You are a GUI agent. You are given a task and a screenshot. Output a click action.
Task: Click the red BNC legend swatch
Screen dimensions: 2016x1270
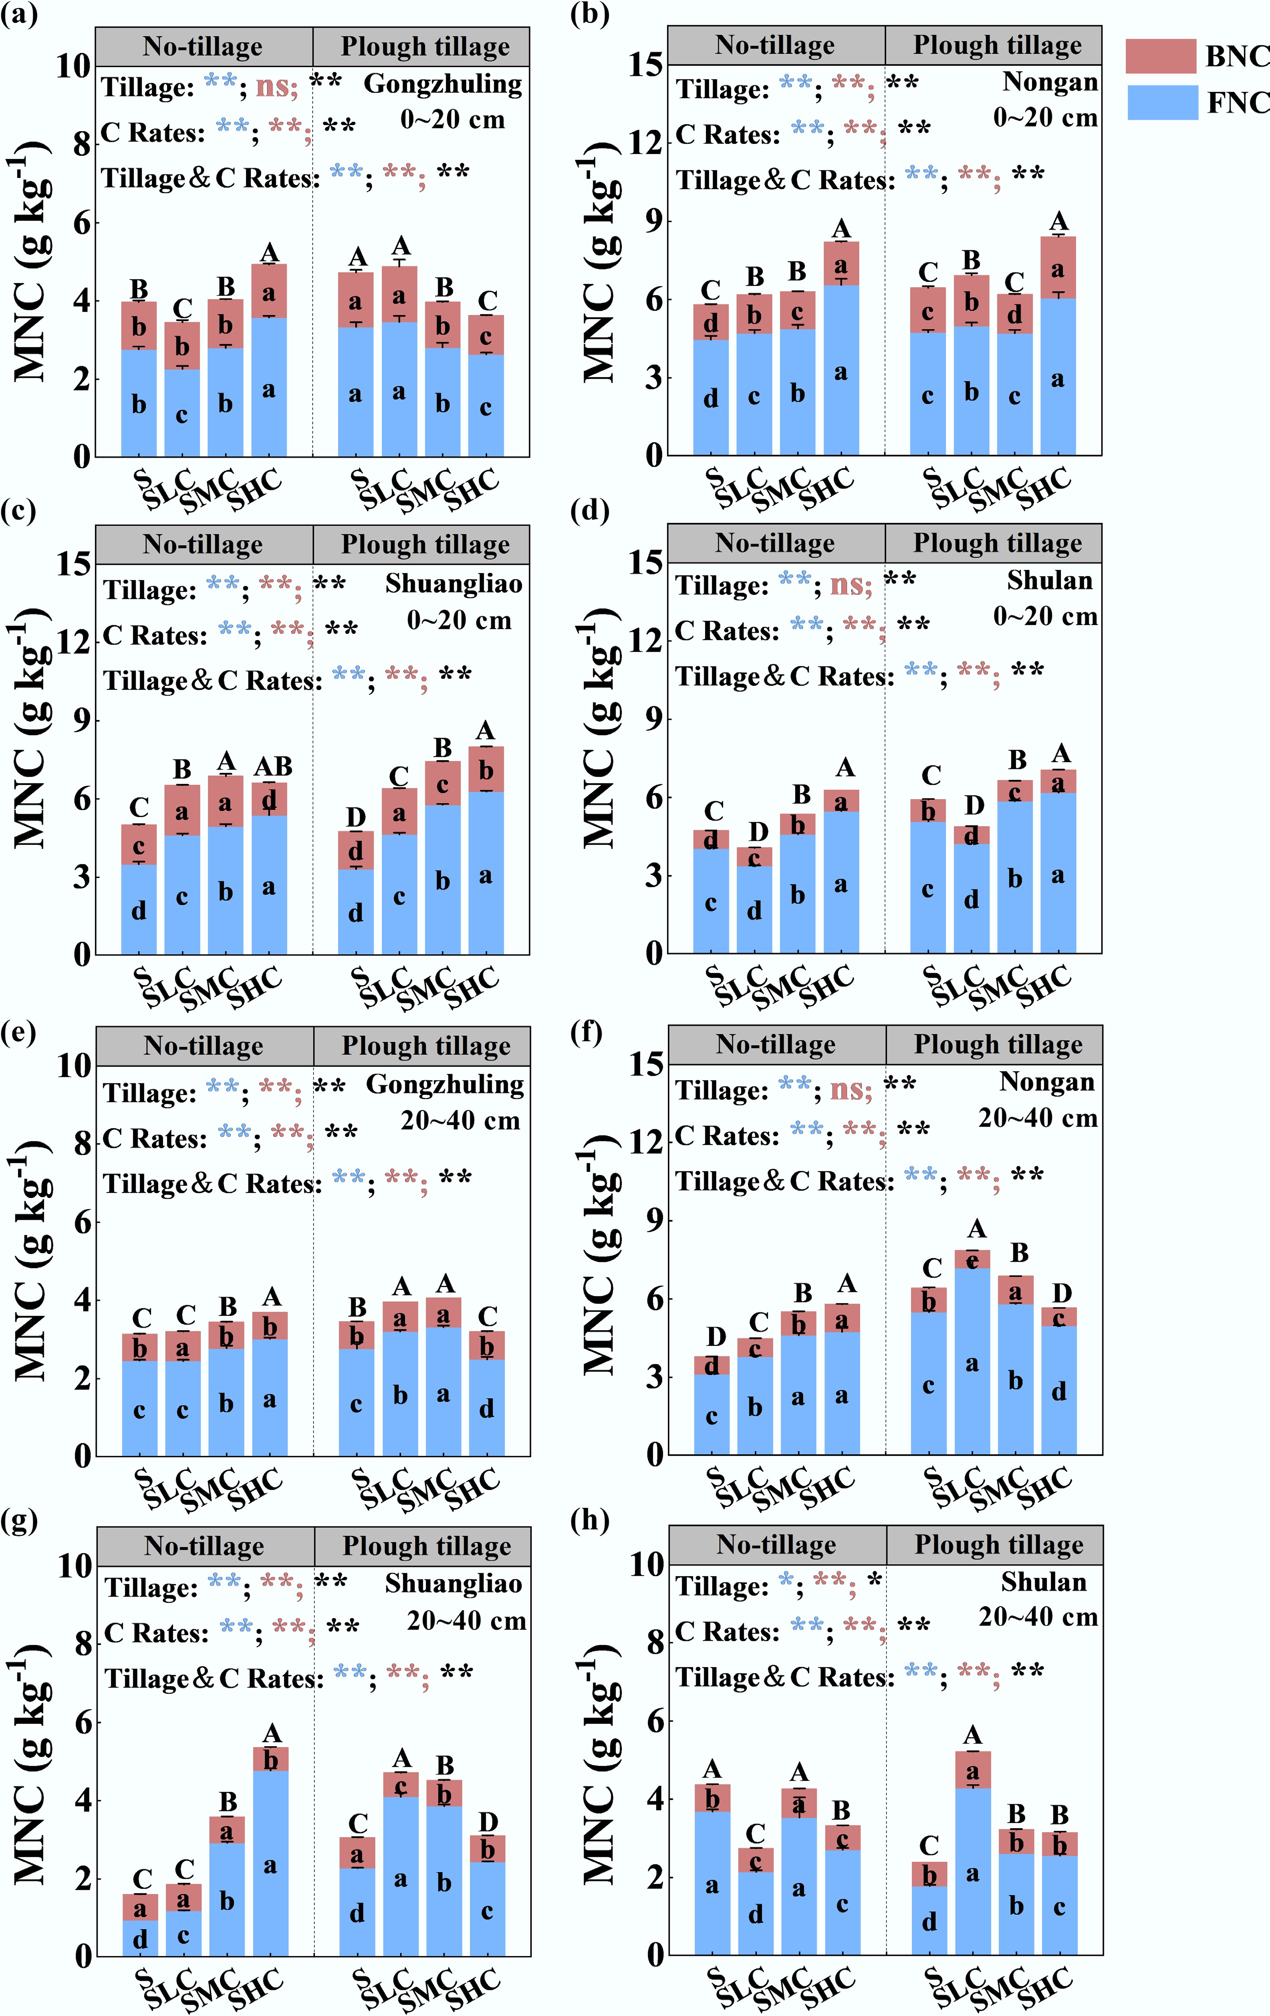coord(1160,56)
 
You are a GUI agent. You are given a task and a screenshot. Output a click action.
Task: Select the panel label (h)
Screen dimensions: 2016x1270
coord(590,1520)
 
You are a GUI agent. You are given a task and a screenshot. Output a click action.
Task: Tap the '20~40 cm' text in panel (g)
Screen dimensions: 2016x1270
coord(466,1621)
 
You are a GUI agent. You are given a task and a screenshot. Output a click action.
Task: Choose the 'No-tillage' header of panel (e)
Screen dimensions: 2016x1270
coord(203,1046)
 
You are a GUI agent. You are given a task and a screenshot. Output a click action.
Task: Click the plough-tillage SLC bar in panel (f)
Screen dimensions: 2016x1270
coord(972,1352)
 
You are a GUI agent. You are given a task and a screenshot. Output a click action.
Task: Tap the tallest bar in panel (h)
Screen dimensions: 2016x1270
coord(972,1853)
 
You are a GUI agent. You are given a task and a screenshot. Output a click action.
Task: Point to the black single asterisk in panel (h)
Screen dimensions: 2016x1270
coord(875,1581)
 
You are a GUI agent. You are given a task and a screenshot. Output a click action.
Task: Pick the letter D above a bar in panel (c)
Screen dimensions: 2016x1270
coord(356,817)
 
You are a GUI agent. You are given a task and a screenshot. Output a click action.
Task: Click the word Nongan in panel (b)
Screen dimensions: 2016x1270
coord(1050,81)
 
